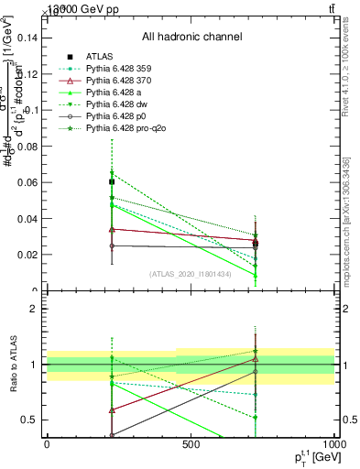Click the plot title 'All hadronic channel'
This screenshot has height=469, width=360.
click(x=191, y=37)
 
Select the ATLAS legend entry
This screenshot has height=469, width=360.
click(x=99, y=57)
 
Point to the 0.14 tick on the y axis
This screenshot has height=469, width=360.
click(x=27, y=38)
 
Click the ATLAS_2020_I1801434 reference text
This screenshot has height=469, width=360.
click(x=191, y=273)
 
